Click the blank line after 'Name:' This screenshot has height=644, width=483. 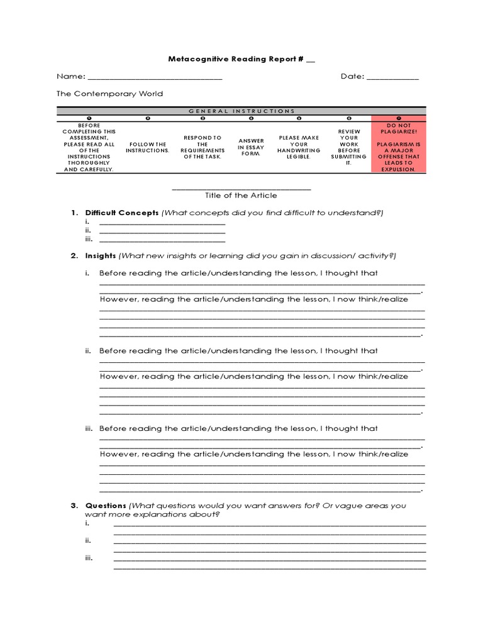pyautogui.click(x=155, y=79)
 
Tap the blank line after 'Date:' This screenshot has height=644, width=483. pyautogui.click(x=392, y=79)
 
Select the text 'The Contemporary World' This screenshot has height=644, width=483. pyautogui.click(x=109, y=94)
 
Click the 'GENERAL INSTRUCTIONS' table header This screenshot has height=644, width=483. pyautogui.click(x=241, y=111)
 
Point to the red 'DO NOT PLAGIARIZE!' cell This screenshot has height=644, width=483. pyautogui.click(x=398, y=147)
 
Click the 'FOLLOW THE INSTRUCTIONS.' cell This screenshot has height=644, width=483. pyautogui.click(x=147, y=147)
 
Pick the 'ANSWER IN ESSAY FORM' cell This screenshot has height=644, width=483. pyautogui.click(x=251, y=147)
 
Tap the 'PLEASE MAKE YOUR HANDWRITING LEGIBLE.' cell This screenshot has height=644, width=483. pyautogui.click(x=299, y=147)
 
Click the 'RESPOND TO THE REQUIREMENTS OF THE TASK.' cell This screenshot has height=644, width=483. pyautogui.click(x=202, y=147)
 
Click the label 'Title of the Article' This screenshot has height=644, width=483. pyautogui.click(x=241, y=196)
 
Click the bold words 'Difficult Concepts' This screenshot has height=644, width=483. pyautogui.click(x=122, y=213)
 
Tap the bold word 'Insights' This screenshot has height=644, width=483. pyautogui.click(x=101, y=256)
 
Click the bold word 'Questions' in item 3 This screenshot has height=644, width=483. pyautogui.click(x=106, y=506)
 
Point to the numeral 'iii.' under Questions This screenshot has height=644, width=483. pyautogui.click(x=89, y=557)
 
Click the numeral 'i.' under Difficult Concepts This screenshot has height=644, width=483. pyautogui.click(x=87, y=223)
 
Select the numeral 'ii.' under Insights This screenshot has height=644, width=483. pyautogui.click(x=89, y=351)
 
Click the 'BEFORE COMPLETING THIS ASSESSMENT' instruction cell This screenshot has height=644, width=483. pyautogui.click(x=88, y=147)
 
